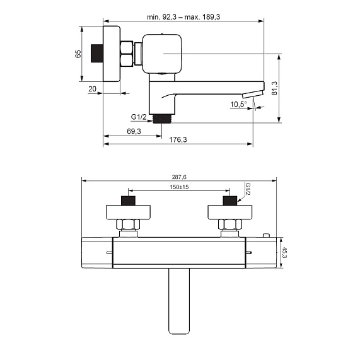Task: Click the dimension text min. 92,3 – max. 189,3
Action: tap(183, 17)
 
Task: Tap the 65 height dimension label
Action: tap(78, 54)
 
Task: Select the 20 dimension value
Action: tap(92, 89)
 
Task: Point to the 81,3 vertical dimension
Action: tap(274, 88)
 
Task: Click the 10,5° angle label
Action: tap(238, 105)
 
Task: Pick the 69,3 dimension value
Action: tap(134, 131)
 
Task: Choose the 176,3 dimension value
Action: tap(178, 139)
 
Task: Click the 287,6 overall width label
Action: tap(179, 177)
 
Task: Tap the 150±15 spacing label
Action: tap(179, 187)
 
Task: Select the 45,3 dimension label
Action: tap(284, 252)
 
